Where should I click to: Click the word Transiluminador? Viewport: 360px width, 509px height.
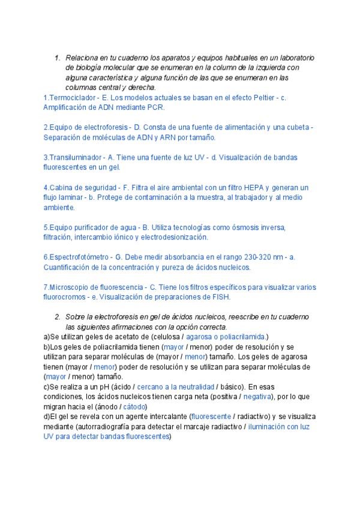74,157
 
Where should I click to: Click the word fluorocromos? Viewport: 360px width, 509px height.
64,297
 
